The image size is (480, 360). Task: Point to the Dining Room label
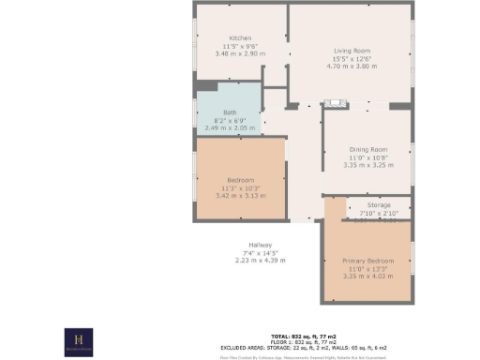pos(368,150)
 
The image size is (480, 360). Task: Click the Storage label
pos(379,205)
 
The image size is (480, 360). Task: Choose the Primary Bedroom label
pos(367,260)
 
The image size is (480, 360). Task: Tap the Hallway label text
pos(260,246)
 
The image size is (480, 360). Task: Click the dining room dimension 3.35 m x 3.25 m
pos(368,165)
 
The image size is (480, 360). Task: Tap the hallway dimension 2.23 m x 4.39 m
pos(260,261)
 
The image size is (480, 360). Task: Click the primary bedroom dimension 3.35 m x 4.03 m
pos(367,276)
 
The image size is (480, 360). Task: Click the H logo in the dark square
pos(80,341)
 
